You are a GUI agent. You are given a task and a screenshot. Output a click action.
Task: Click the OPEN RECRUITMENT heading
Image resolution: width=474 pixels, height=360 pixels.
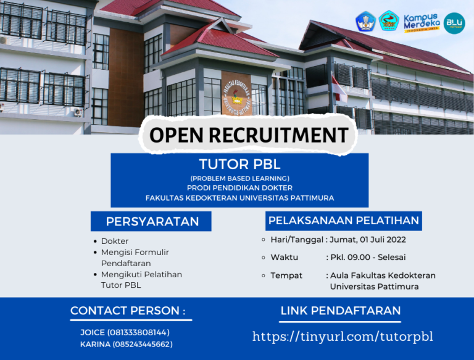248,135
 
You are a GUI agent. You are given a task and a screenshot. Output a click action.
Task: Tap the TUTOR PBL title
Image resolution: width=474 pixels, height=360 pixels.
239,165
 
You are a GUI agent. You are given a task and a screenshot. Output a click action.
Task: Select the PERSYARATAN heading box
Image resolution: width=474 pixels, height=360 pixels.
152,222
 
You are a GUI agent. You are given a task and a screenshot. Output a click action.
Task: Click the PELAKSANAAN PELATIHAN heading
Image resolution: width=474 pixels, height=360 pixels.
344,220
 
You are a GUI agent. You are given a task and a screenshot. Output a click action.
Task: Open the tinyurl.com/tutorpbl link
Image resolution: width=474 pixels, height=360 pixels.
343,337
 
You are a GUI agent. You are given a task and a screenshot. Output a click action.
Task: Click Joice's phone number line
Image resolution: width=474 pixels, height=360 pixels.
125,332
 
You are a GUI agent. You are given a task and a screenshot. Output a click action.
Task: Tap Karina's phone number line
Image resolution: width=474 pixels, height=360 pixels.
126,344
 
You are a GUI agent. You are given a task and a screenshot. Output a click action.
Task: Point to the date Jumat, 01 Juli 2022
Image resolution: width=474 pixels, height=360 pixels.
368,240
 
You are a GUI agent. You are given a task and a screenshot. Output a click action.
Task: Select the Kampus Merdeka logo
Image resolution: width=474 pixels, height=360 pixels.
422,22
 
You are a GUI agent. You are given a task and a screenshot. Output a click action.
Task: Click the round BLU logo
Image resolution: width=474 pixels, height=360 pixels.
455,23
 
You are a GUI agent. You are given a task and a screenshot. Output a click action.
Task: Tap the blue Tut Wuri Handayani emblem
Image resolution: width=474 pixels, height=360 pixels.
365,22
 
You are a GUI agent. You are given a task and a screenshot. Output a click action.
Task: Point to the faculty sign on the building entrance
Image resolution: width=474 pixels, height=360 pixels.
236,93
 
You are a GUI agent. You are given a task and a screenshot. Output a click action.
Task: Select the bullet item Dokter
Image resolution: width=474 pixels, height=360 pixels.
115,241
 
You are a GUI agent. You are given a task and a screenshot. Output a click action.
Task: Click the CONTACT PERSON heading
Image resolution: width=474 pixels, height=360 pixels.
128,311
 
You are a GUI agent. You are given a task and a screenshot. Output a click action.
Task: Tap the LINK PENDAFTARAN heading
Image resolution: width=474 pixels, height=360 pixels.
341,311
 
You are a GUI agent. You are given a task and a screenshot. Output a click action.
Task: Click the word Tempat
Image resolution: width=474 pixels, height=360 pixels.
286,275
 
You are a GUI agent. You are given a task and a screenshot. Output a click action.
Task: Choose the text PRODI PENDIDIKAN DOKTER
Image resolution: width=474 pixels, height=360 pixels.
239,188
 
